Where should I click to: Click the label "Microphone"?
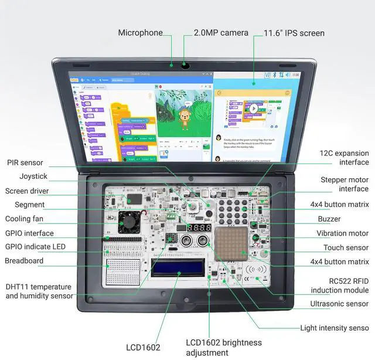[140, 33]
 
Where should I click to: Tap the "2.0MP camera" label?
[221, 33]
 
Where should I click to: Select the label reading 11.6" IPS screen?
[294, 33]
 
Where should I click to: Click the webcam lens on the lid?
[185, 64]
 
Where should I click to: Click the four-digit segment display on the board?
[199, 227]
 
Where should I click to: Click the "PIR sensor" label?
[24, 162]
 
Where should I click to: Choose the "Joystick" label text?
[33, 176]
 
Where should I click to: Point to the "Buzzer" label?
[329, 219]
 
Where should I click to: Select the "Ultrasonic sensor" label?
[339, 304]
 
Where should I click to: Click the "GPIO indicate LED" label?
[35, 246]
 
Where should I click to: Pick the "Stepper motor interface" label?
[345, 184]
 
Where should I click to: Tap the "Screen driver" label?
[27, 191]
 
